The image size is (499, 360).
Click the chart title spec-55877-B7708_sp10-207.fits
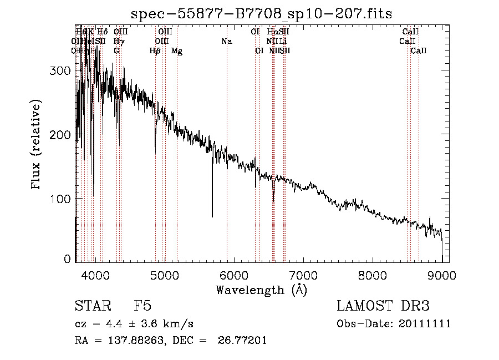click(x=261, y=13)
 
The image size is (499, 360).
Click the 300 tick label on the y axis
click(x=62, y=71)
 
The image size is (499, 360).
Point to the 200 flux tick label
click(x=62, y=135)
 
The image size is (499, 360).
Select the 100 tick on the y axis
click(x=62, y=199)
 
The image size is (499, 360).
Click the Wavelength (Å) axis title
click(x=261, y=290)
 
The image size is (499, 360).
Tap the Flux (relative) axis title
click(x=37, y=145)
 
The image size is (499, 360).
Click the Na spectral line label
click(x=226, y=41)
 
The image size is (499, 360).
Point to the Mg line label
click(x=177, y=51)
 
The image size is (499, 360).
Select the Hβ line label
click(x=155, y=51)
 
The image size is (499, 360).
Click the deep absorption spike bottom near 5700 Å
click(x=212, y=216)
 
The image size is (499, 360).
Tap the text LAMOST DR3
click(x=383, y=306)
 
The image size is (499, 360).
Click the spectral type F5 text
click(x=142, y=306)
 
